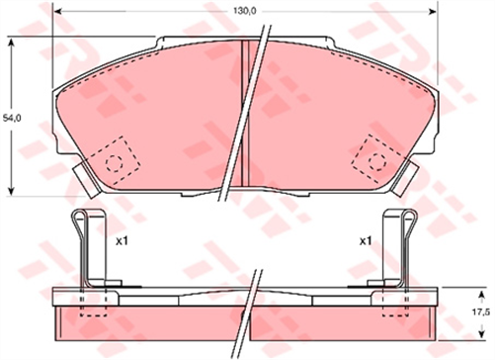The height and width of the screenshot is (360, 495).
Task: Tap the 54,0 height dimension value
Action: coord(11,118)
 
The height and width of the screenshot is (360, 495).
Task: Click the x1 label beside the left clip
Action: coord(123,240)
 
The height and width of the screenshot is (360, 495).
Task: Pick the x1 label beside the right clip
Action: coord(364,240)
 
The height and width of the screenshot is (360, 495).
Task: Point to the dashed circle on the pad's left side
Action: coord(115,161)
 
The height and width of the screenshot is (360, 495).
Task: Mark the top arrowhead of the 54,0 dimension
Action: coord(11,43)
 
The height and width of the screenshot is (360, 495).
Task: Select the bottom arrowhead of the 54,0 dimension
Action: coord(11,191)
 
